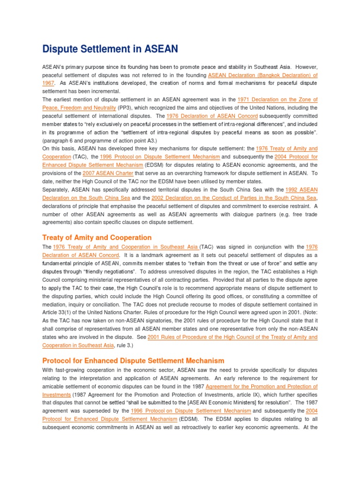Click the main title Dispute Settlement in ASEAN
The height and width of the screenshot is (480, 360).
tap(110, 49)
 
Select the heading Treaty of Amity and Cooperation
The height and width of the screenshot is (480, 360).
tap(97, 237)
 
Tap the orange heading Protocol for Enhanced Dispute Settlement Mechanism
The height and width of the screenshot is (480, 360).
tap(133, 360)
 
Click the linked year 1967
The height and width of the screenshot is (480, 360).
tap(48, 83)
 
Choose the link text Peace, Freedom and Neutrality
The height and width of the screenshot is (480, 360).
tap(79, 107)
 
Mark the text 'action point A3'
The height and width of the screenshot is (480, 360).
tap(139, 141)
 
